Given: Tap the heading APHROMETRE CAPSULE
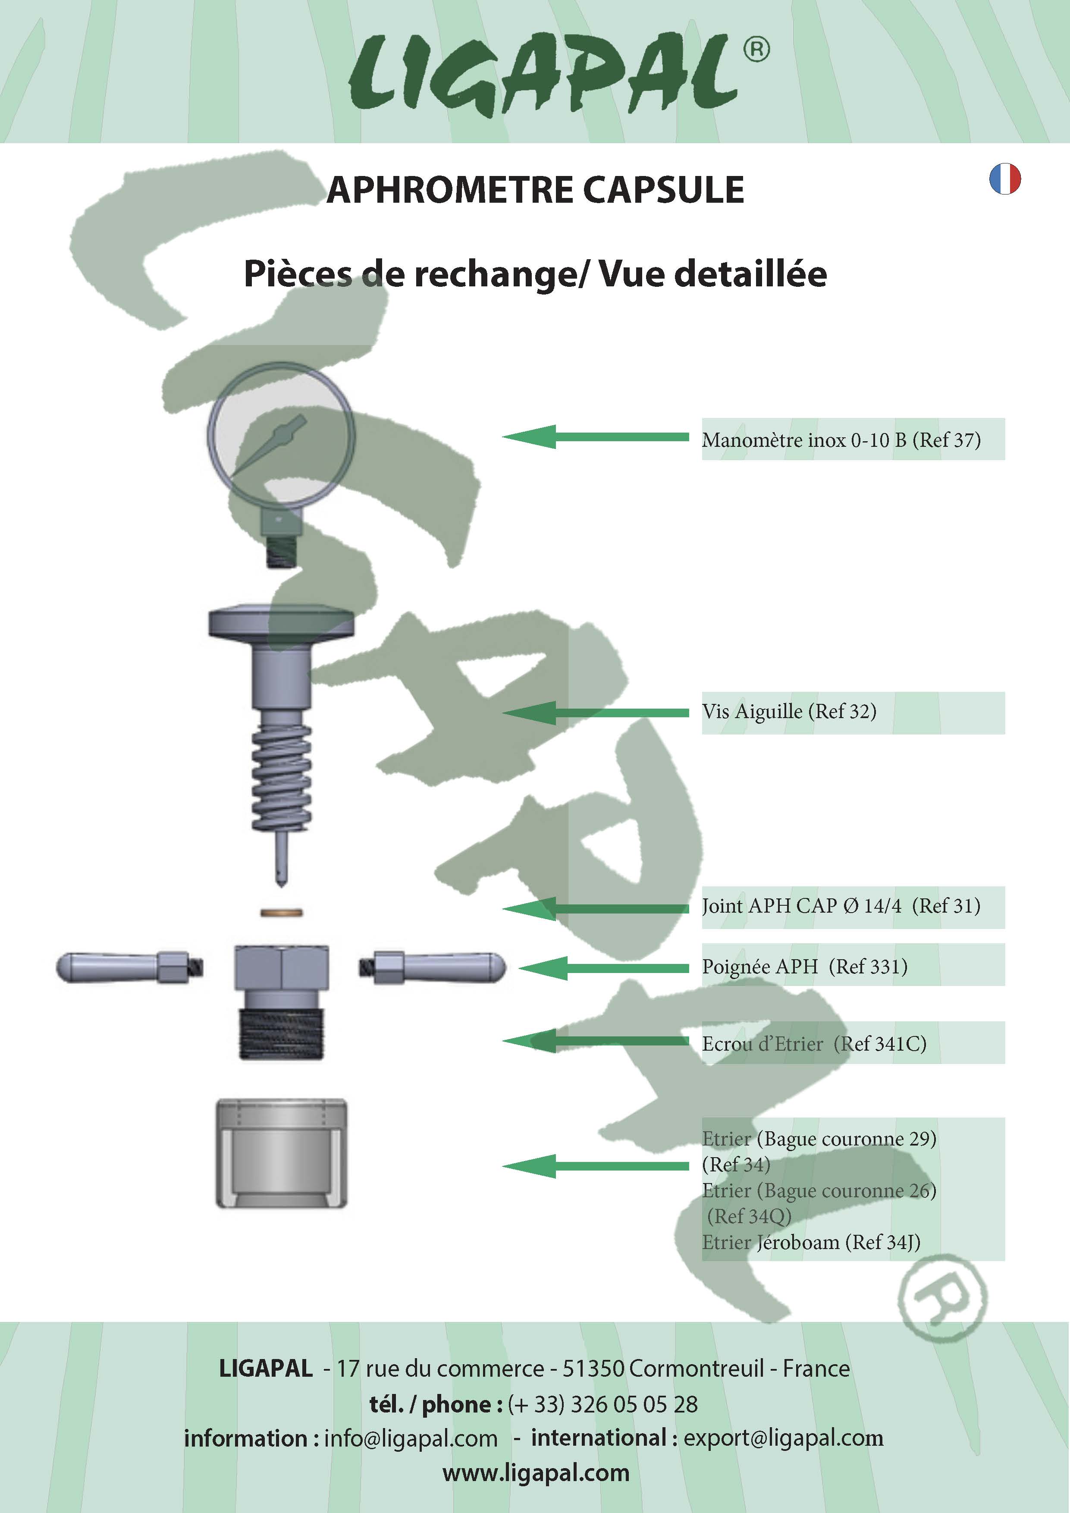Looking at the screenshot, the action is point(535,190).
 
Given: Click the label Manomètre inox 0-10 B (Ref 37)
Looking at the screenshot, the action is point(841,439).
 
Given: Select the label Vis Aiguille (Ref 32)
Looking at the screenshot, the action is point(789,712).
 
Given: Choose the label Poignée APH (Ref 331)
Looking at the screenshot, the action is point(804,967).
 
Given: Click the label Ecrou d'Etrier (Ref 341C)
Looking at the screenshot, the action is point(814,1044).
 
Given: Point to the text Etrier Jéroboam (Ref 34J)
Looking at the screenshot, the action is point(811,1242).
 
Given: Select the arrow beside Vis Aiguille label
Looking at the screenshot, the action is point(595,713).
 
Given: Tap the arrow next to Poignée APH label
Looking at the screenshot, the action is point(603,968).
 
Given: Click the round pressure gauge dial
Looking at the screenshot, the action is point(281,435).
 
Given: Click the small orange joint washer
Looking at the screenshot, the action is point(281,913).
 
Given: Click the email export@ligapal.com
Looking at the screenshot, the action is point(783,1438).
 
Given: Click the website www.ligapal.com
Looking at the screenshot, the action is point(536,1473).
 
